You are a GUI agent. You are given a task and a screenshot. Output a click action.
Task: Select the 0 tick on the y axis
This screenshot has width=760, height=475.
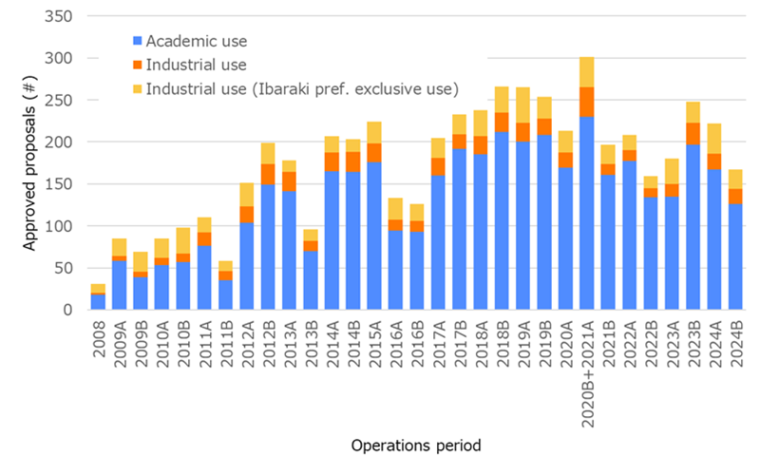68,310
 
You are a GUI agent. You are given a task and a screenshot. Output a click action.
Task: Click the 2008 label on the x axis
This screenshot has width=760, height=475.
99,340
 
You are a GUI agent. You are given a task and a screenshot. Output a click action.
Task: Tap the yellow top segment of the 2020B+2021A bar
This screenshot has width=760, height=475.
587,71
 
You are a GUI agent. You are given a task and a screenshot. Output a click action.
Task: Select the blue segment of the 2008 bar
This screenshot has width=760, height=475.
98,302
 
